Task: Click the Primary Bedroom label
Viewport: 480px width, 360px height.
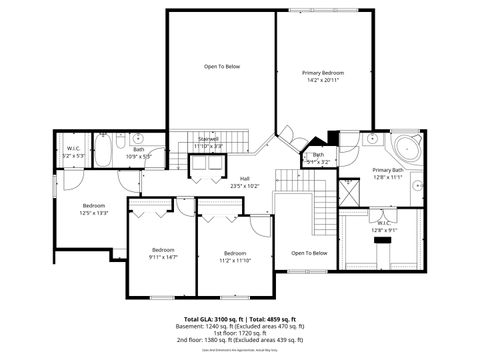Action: pyautogui.click(x=324, y=74)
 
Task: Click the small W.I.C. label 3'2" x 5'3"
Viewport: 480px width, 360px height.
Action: pyautogui.click(x=73, y=152)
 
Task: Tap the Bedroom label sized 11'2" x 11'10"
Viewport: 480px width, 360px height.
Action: pyautogui.click(x=235, y=257)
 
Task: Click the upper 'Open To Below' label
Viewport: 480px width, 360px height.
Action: pyautogui.click(x=222, y=66)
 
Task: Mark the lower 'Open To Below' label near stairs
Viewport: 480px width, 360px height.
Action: pyautogui.click(x=309, y=253)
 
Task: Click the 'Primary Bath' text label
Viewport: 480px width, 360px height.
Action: pyautogui.click(x=388, y=170)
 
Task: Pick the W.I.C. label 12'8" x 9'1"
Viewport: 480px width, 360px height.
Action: pyautogui.click(x=384, y=228)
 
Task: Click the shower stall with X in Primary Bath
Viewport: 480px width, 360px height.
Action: pyautogui.click(x=350, y=192)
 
